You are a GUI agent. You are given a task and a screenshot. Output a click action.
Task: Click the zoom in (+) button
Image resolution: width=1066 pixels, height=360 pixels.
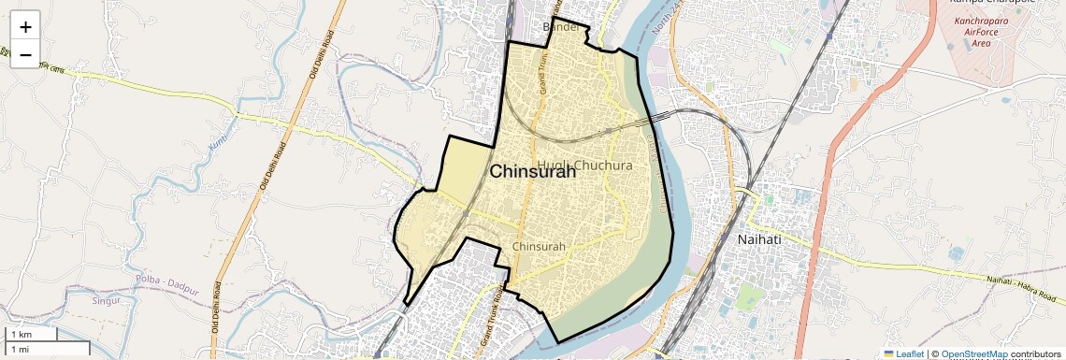tap(25, 25)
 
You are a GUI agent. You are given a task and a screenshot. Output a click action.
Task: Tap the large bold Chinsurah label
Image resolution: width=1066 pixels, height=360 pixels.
tap(533, 171)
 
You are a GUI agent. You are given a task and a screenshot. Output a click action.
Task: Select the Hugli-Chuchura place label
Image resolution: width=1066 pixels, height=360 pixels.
tap(586, 166)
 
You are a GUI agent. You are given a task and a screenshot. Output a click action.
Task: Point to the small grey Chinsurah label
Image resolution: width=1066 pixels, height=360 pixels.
tap(540, 246)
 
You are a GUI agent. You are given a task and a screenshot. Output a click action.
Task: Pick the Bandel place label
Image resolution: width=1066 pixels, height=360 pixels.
tap(561, 27)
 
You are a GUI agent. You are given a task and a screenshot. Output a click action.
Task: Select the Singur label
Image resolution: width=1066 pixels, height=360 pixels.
tap(108, 301)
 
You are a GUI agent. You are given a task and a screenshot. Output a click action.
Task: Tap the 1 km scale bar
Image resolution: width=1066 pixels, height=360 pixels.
tap(33, 334)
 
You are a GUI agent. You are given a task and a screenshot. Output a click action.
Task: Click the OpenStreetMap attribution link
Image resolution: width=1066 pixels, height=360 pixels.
tap(976, 353)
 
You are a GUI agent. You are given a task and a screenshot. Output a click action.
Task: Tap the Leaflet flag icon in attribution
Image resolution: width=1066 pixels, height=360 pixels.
tap(889, 353)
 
